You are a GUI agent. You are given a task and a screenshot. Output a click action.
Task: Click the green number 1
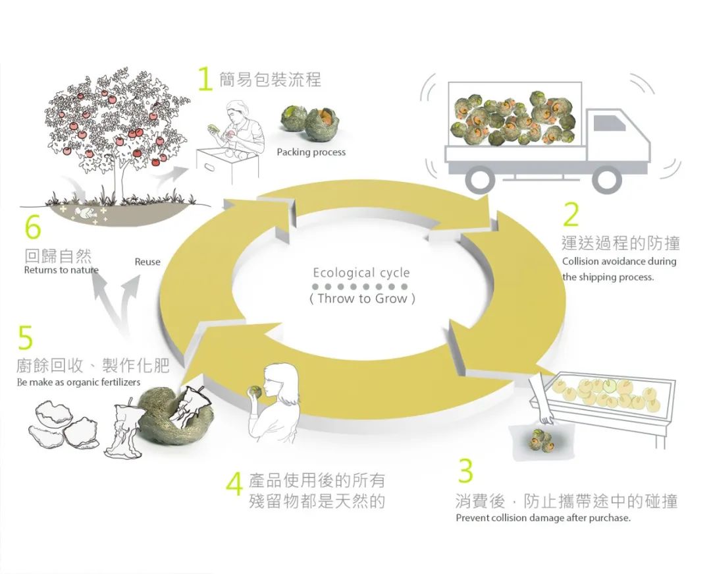(x=205, y=79)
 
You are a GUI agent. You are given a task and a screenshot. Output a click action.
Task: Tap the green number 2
(x=571, y=214)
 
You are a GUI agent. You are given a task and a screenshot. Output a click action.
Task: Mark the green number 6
(x=33, y=227)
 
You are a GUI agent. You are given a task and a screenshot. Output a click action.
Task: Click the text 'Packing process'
(x=311, y=152)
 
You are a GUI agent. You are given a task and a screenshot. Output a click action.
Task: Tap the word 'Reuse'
(x=147, y=262)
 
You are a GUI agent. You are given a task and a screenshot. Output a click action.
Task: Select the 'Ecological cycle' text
(x=361, y=273)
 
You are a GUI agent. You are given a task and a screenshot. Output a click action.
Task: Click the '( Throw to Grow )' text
(x=362, y=299)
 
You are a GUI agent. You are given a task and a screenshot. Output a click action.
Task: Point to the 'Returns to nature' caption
(x=61, y=270)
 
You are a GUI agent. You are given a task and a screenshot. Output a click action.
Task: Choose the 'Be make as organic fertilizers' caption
(x=78, y=382)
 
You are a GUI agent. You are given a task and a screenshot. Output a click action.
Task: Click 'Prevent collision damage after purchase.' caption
(x=543, y=518)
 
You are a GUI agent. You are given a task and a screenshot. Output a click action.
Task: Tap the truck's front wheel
(x=607, y=179)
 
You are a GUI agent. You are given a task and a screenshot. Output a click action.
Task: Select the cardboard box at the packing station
(x=227, y=165)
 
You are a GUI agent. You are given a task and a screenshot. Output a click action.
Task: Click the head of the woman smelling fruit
(x=278, y=381)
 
